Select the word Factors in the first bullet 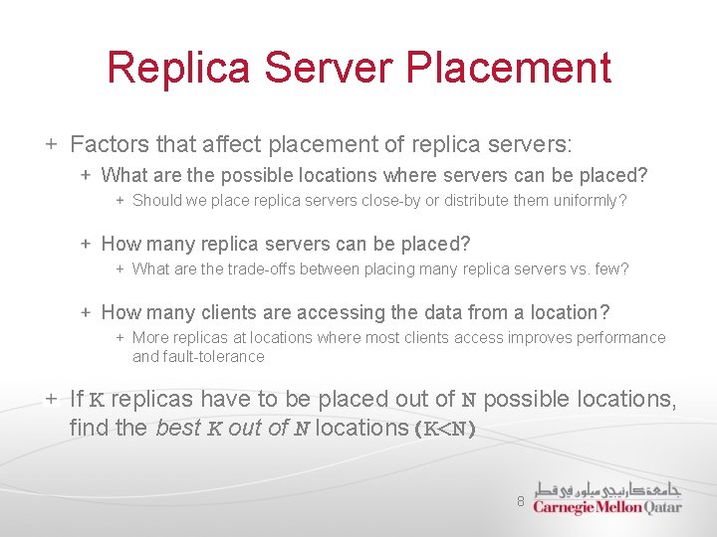108,145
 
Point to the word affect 230,145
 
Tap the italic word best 178,429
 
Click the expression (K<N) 445,429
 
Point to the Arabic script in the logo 607,488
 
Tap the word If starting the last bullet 77,400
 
